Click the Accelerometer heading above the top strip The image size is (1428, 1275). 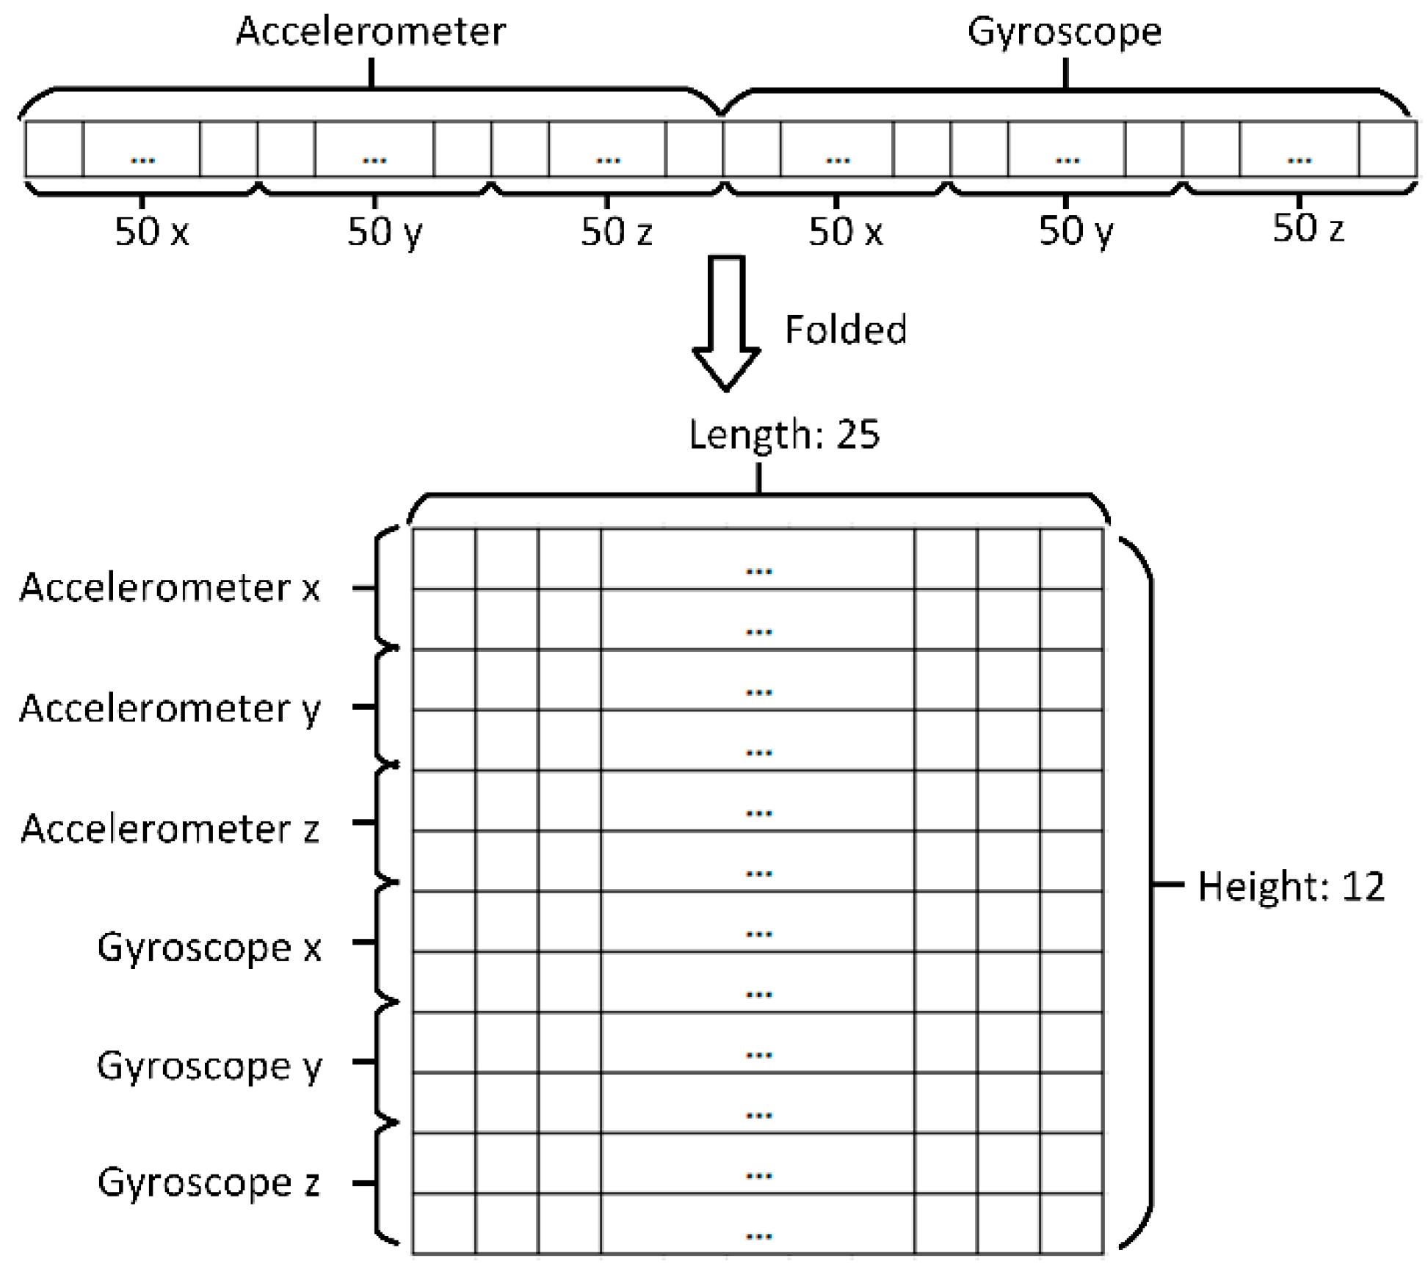[x=370, y=32]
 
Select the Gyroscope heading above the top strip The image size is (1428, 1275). [x=1064, y=32]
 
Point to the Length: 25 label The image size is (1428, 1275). [x=783, y=434]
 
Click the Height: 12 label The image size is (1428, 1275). [x=1291, y=886]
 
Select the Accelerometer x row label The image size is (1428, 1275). [x=170, y=587]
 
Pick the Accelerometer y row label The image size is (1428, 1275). [x=170, y=708]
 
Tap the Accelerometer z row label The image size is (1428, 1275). [x=170, y=829]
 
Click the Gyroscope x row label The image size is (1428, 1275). [x=209, y=947]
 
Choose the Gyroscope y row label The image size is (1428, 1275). [x=209, y=1066]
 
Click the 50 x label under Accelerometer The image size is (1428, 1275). [x=152, y=232]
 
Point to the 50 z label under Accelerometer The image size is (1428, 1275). [x=616, y=232]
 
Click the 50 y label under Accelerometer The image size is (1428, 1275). [x=384, y=232]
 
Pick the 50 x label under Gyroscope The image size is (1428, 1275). [x=845, y=232]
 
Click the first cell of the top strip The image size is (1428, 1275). [x=54, y=149]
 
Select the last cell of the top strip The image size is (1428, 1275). [x=1387, y=149]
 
